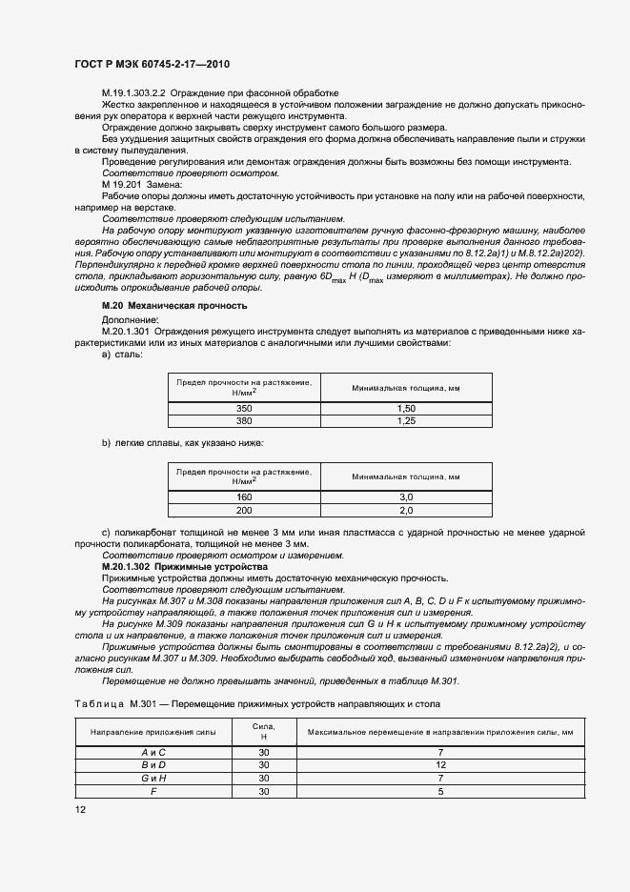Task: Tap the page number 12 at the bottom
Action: pyautogui.click(x=78, y=809)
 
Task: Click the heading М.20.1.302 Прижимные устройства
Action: pyautogui.click(x=171, y=566)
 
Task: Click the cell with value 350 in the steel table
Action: pyautogui.click(x=244, y=407)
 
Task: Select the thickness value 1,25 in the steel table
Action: pyautogui.click(x=405, y=419)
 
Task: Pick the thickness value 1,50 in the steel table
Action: pyautogui.click(x=405, y=407)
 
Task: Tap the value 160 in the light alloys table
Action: pyautogui.click(x=244, y=497)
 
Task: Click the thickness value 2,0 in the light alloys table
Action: pyautogui.click(x=405, y=510)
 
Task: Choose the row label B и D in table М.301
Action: pyautogui.click(x=153, y=765)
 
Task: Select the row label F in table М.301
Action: pyautogui.click(x=153, y=791)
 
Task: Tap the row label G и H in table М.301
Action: pyautogui.click(x=153, y=778)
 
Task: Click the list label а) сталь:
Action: pyautogui.click(x=122, y=354)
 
